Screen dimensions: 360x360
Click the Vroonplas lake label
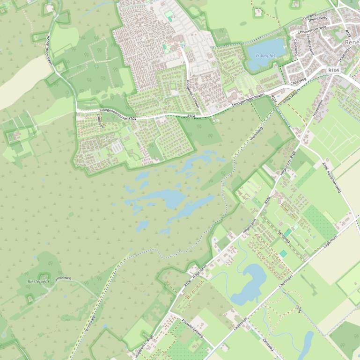pos(265,55)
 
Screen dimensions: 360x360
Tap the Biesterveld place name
pos(38,281)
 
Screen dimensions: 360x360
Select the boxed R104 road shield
pos(333,70)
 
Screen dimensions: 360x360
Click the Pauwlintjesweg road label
pos(192,329)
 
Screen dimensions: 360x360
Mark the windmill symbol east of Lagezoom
pos(298,309)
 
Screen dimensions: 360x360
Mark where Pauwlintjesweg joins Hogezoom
pos(169,312)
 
